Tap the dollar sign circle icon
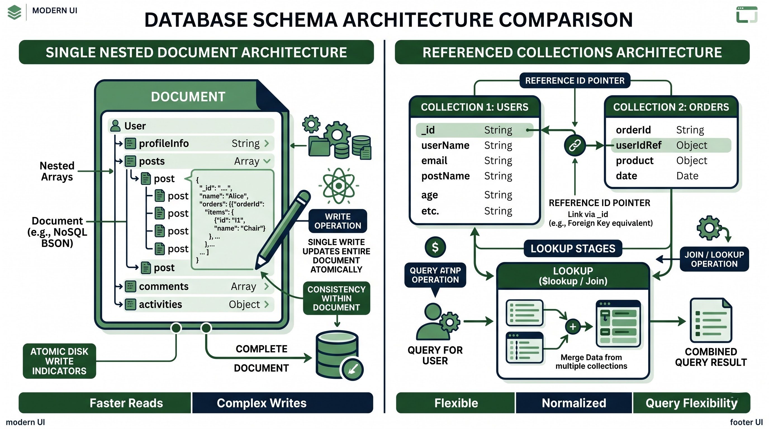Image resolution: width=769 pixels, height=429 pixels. pyautogui.click(x=435, y=247)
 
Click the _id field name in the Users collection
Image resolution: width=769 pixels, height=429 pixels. pyautogui.click(x=428, y=130)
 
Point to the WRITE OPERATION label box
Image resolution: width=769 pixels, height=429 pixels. pyautogui.click(x=338, y=221)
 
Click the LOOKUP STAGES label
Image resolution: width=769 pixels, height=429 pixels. pyautogui.click(x=573, y=249)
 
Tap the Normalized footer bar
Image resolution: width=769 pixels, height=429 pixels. pyautogui.click(x=574, y=403)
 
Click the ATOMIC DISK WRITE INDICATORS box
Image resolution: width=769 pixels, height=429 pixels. pyautogui.click(x=60, y=361)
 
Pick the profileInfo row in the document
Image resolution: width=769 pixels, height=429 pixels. pyautogui.click(x=198, y=144)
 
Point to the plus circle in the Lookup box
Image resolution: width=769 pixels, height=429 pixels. pyautogui.click(x=573, y=327)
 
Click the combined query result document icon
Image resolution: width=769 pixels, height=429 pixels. pyautogui.click(x=711, y=320)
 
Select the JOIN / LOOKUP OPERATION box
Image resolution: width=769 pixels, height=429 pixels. pyautogui.click(x=714, y=259)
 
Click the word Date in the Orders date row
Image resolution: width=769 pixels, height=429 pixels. pyautogui.click(x=687, y=176)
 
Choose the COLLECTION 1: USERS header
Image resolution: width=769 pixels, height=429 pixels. pyautogui.click(x=475, y=107)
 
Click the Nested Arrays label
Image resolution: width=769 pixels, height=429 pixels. pyautogui.click(x=57, y=171)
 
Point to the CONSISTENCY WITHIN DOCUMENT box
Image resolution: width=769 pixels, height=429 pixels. pyautogui.click(x=336, y=298)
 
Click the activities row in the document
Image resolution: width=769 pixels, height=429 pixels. pyautogui.click(x=198, y=304)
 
